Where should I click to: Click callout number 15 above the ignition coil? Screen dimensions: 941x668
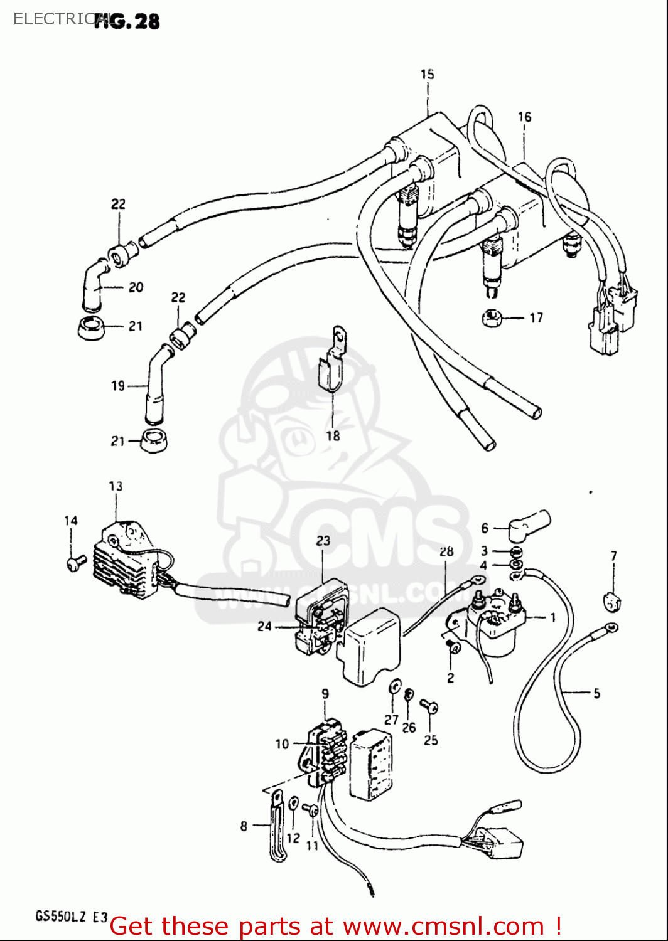(x=428, y=74)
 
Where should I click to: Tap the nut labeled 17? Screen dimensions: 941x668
(x=491, y=317)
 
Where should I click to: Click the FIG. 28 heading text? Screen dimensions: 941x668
(x=128, y=21)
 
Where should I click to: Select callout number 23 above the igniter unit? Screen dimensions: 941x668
(x=323, y=541)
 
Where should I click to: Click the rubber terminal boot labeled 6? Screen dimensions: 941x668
(x=529, y=524)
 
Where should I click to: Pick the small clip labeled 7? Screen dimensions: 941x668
(x=612, y=602)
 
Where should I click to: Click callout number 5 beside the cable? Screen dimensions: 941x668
(x=596, y=693)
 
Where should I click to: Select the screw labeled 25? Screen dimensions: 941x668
(x=429, y=707)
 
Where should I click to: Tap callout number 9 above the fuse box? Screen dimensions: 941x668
(x=325, y=694)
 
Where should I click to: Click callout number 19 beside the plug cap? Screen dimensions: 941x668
(x=118, y=386)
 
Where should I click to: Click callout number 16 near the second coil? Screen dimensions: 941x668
(x=524, y=117)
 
